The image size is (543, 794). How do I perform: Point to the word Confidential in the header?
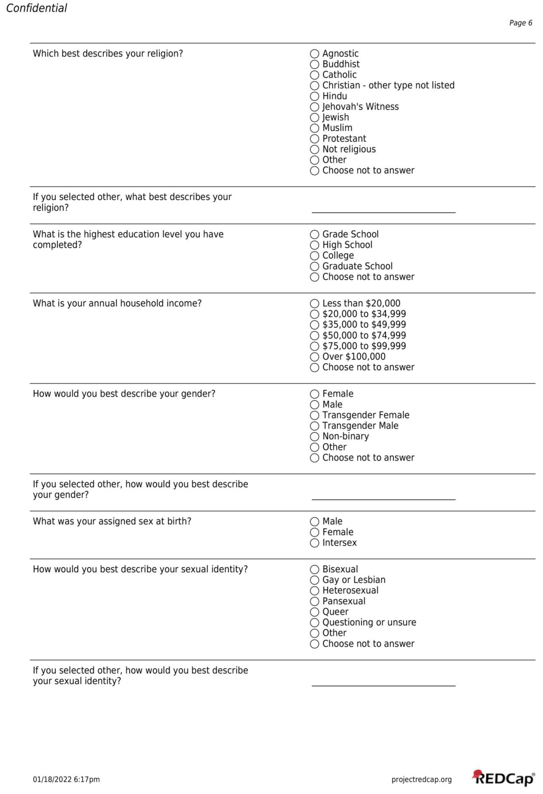coord(37,8)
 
